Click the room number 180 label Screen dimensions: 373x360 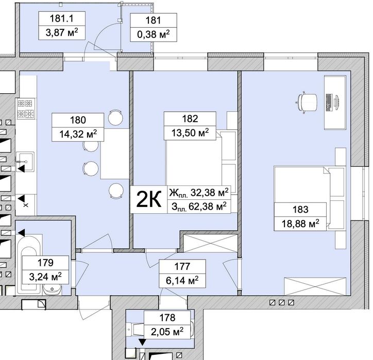(78, 120)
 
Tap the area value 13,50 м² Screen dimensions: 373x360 (190, 133)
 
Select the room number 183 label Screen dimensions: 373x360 (300, 210)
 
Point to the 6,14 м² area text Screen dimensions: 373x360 (182, 280)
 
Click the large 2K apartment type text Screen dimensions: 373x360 (149, 199)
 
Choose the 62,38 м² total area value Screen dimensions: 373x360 (208, 207)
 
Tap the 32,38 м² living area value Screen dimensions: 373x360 (209, 192)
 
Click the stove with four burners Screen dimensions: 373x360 (25, 109)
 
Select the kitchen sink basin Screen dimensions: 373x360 (25, 162)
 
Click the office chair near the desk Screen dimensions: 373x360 (307, 102)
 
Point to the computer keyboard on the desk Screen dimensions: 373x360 (329, 102)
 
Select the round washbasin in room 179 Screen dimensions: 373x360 (52, 289)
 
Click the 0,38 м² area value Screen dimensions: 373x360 (154, 34)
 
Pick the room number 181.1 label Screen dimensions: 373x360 (62, 19)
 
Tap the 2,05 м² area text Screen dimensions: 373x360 (167, 332)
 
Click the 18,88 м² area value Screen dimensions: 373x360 (300, 224)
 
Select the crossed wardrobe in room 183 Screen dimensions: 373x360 (315, 286)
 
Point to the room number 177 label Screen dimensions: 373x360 (182, 266)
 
